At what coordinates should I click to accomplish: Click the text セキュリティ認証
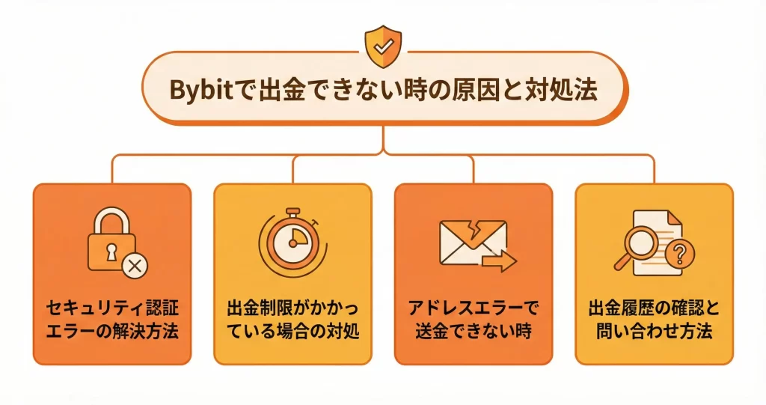tap(112, 308)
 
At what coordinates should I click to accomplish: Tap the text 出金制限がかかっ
tap(292, 308)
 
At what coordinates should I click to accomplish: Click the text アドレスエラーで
tap(473, 308)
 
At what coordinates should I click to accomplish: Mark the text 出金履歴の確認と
tap(654, 308)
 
